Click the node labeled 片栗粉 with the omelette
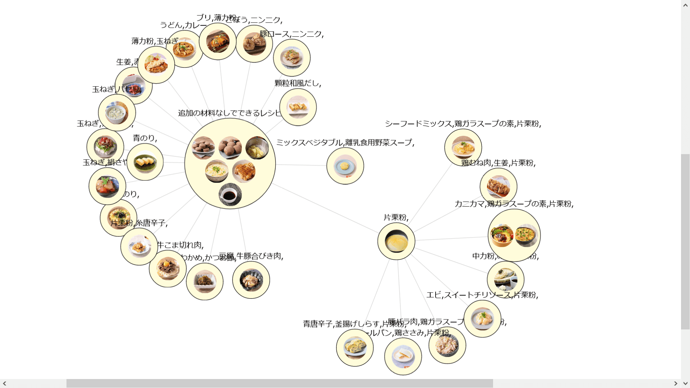[x=396, y=241]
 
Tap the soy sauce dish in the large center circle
[x=230, y=195]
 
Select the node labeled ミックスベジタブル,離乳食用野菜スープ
[x=345, y=166]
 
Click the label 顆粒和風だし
[x=298, y=83]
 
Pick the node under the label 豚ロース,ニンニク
[x=291, y=57]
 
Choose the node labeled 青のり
[x=145, y=162]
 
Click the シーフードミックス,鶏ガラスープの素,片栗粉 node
[x=463, y=147]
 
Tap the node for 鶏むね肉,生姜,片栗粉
[x=498, y=186]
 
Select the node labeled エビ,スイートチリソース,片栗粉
[x=482, y=319]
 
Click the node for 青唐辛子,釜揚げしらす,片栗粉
[x=355, y=347]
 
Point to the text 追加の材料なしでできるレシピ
[x=229, y=113]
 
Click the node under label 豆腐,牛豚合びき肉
[x=251, y=280]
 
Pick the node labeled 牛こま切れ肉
[x=167, y=269]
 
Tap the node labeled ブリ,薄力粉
[x=217, y=41]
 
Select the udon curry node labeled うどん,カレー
[x=184, y=49]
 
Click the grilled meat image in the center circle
[x=244, y=171]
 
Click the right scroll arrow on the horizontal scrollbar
[x=676, y=383]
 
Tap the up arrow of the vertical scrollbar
[x=685, y=5]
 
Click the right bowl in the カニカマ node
[x=526, y=235]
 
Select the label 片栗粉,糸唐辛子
[x=139, y=223]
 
